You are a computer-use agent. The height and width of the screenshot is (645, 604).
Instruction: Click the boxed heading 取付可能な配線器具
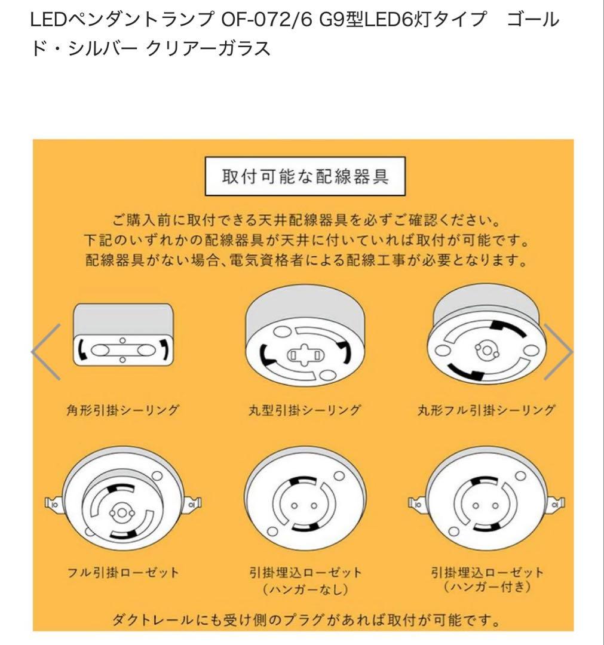305,177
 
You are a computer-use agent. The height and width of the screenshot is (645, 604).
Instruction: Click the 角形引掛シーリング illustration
122,334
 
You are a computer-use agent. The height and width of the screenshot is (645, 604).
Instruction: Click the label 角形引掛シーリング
122,410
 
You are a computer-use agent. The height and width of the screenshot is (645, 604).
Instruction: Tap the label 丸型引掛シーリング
304,410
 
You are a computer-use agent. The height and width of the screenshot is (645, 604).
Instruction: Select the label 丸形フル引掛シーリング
486,410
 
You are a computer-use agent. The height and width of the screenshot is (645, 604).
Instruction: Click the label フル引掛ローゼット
122,572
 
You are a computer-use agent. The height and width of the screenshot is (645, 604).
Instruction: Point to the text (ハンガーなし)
305,589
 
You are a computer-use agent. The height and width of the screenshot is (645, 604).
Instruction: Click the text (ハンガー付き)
486,588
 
